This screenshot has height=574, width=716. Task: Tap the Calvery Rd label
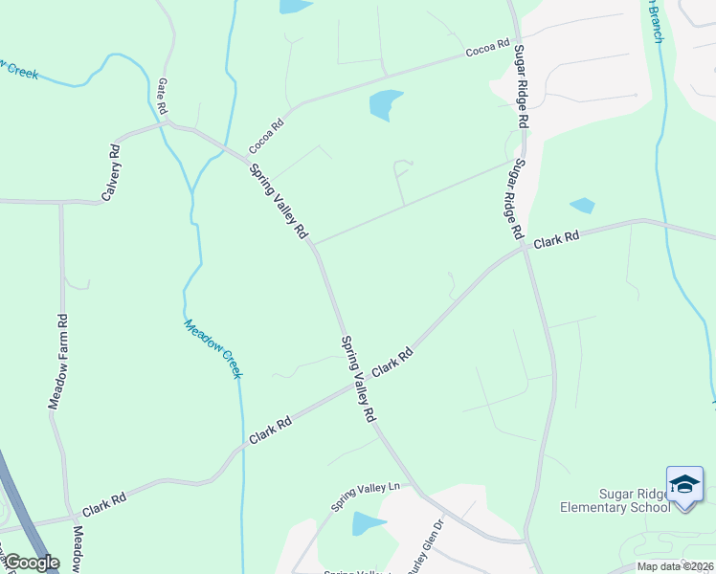[111, 173]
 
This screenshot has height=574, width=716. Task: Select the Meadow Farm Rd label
[57, 362]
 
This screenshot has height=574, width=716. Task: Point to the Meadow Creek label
[212, 348]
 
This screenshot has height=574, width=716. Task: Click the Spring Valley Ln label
[365, 496]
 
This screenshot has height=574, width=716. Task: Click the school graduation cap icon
[684, 486]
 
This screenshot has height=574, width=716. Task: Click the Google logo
[32, 563]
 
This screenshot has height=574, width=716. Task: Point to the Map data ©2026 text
[675, 566]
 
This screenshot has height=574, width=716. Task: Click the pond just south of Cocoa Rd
[385, 104]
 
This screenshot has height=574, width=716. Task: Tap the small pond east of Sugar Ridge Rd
[582, 205]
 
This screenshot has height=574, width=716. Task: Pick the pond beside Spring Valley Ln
[368, 523]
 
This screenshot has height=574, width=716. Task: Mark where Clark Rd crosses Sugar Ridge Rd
[526, 250]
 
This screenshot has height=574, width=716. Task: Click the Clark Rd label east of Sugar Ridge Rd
[557, 239]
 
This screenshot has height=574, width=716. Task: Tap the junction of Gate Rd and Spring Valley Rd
[168, 122]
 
